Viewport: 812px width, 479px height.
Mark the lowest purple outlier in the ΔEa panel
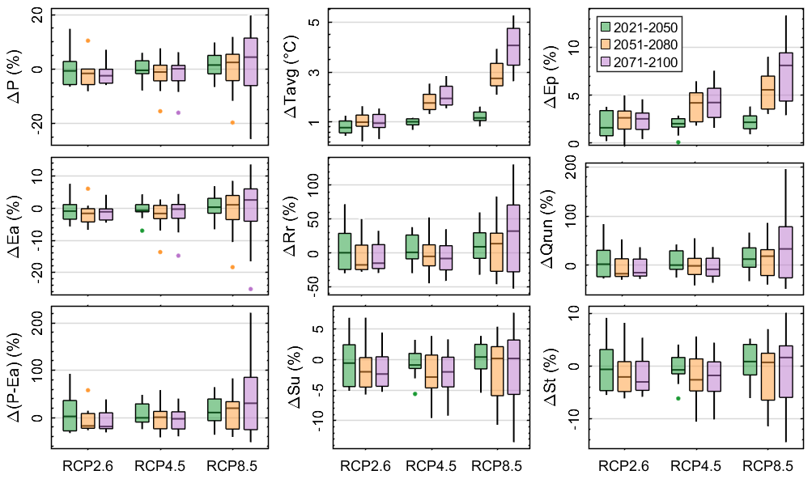tap(250, 289)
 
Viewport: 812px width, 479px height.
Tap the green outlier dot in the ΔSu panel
tap(415, 394)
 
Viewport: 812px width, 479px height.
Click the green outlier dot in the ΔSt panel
tap(678, 398)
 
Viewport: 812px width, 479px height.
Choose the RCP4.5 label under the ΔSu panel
tap(431, 466)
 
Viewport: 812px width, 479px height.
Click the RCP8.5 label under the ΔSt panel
tap(766, 466)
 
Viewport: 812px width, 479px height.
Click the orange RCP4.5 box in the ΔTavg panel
tap(429, 101)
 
